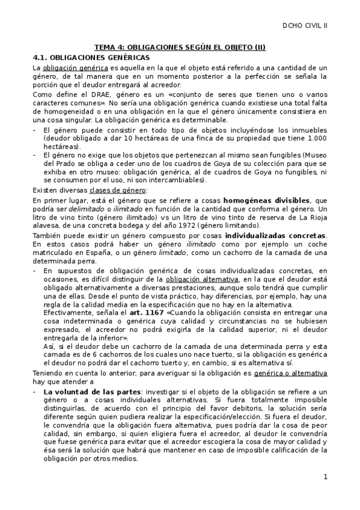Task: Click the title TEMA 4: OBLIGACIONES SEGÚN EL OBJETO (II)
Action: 180,47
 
